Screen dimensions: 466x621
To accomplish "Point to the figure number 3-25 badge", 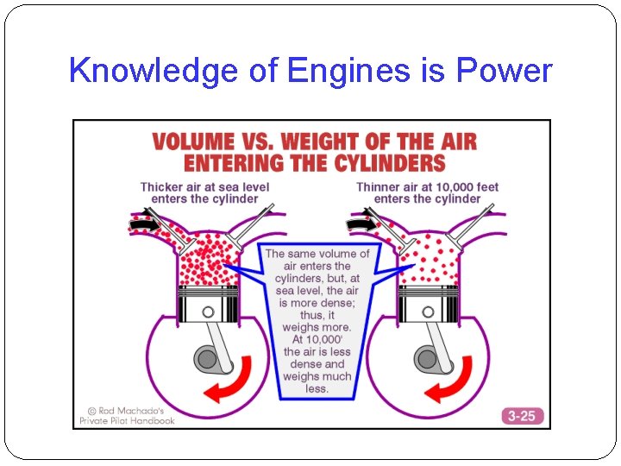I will click(x=521, y=416).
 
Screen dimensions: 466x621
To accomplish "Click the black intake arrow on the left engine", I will click(x=145, y=224).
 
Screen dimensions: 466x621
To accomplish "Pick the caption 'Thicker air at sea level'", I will click(x=204, y=186).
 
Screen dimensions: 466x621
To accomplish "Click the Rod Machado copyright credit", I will click(x=126, y=415).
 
